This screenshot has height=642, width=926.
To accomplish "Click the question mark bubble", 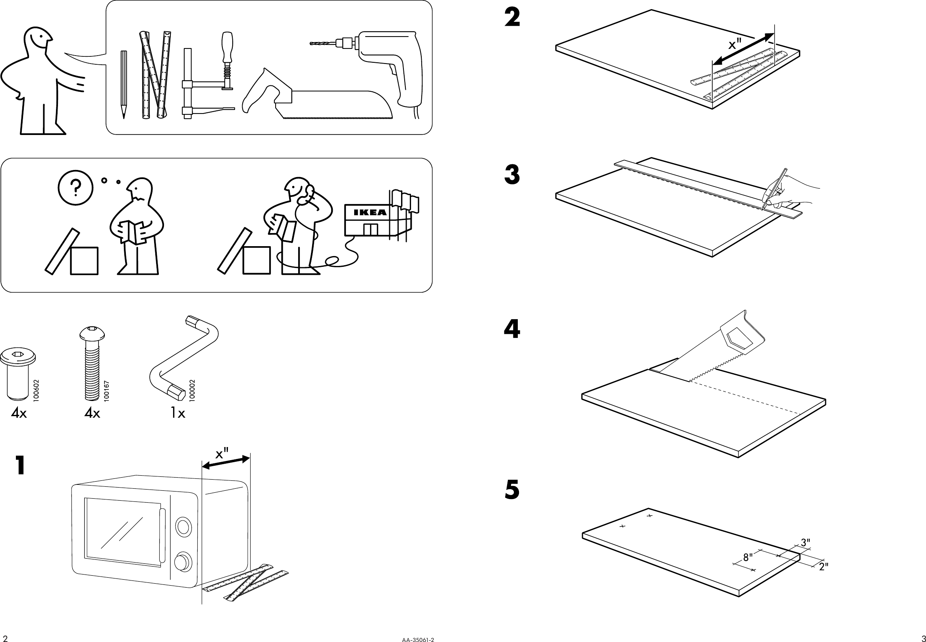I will point(75,188).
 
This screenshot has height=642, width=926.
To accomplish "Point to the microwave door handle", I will point(162,536).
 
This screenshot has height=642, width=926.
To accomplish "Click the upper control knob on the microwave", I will point(183,526).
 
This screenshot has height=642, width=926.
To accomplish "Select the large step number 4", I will point(512,329).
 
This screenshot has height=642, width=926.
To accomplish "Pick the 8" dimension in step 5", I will point(748,557).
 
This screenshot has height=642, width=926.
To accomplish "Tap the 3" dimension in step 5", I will point(805,543).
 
